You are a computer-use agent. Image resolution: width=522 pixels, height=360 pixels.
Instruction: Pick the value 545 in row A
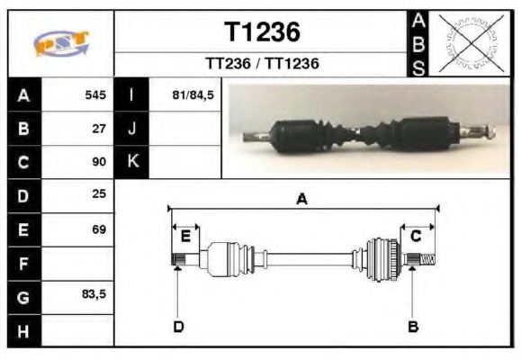95,94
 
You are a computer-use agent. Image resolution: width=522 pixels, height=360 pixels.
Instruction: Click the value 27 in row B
100,128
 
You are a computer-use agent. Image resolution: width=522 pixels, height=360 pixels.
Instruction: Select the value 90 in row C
99,162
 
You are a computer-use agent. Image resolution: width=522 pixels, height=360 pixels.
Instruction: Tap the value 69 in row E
99,229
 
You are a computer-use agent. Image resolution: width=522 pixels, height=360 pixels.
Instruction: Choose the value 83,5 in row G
95,295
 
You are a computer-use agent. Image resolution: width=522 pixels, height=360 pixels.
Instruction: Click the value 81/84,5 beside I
192,94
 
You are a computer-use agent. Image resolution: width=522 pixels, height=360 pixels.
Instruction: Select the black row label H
23,330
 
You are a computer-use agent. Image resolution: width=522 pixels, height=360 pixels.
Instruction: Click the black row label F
23,263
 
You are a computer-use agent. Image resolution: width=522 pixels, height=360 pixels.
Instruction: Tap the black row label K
132,162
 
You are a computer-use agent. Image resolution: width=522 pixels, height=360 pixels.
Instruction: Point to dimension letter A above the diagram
302,199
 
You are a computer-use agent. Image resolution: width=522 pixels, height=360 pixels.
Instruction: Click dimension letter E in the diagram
184,237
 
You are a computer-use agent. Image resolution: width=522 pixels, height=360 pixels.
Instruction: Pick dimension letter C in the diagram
417,237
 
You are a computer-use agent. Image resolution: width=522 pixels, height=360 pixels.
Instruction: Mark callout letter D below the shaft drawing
178,327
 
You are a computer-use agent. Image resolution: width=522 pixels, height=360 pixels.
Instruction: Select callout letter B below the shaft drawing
413,327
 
